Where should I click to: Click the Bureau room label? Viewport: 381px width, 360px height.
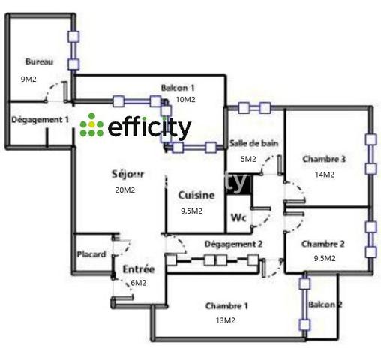coord(39,61)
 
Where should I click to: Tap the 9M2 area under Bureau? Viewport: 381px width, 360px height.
coord(28,79)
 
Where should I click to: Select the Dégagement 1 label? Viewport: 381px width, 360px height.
coord(40,120)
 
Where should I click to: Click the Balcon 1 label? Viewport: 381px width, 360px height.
coord(178,88)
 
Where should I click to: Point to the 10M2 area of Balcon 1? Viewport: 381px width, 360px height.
coord(185,100)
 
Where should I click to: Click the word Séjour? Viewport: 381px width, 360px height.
coord(127,174)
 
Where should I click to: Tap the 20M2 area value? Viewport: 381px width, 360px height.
coord(125,190)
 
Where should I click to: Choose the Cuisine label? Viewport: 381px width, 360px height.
coord(196,195)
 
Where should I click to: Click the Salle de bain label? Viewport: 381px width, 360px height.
coord(254,143)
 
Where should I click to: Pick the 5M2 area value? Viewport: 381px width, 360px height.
coord(248,159)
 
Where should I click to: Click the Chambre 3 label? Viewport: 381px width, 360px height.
coord(324,159)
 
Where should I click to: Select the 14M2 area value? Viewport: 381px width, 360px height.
coord(325,175)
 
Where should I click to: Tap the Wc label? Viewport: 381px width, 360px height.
coord(238,217)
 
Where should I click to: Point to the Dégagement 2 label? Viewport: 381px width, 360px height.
coord(234,244)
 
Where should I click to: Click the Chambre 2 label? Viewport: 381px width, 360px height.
coord(323,244)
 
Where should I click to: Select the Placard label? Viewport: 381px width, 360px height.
coord(91,254)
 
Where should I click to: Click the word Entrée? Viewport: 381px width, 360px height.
coord(139,269)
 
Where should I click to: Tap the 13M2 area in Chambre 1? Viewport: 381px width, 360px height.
coord(226,320)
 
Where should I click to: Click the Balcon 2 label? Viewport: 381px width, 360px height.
coord(325,304)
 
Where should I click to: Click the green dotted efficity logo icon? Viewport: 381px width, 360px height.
coord(91,125)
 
